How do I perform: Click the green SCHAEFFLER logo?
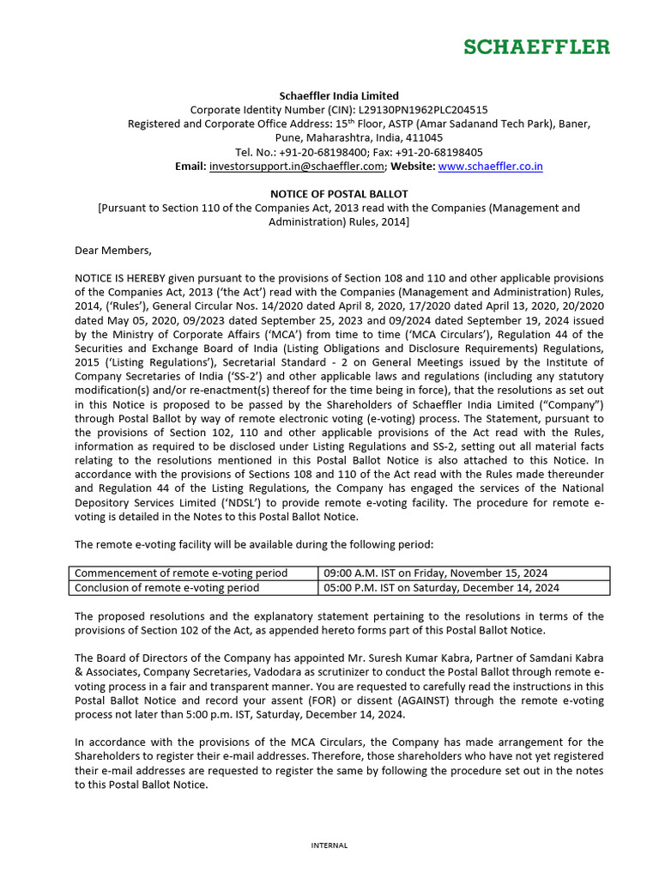(x=537, y=46)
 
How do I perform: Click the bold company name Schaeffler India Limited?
(x=339, y=95)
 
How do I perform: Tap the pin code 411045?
(x=425, y=137)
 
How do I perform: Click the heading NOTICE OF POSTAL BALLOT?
(x=339, y=194)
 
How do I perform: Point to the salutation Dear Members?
(x=112, y=251)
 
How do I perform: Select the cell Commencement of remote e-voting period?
(x=181, y=573)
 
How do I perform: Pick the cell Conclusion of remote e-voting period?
(x=166, y=588)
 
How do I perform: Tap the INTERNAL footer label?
(x=329, y=846)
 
